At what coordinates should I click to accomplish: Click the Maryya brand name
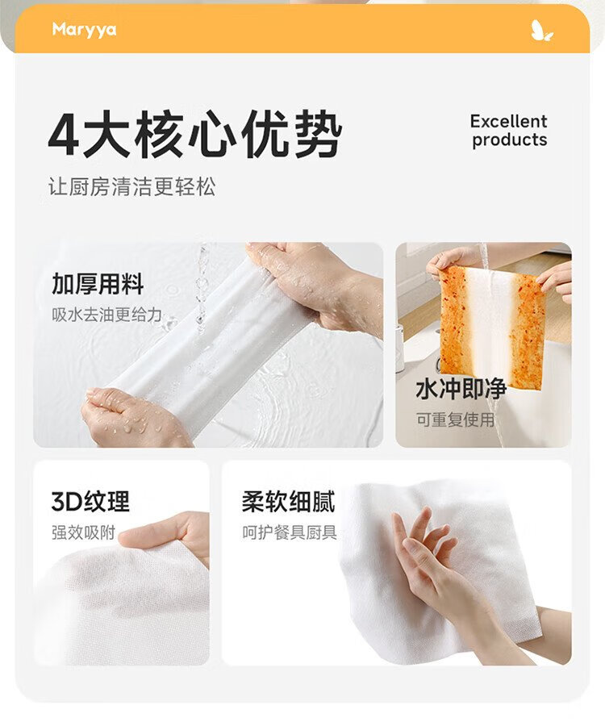click(84, 30)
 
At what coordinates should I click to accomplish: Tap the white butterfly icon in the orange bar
click(541, 31)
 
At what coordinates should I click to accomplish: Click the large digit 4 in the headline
click(64, 135)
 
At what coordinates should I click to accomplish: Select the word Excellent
click(508, 122)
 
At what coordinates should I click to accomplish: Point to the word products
click(510, 140)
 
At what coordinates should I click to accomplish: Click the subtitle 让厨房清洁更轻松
click(131, 187)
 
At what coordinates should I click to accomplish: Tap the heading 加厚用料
click(98, 284)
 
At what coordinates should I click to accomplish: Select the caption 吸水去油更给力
click(106, 315)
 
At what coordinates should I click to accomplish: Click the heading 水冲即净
click(461, 390)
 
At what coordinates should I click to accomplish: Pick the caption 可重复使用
click(455, 419)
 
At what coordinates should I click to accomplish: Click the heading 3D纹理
click(90, 502)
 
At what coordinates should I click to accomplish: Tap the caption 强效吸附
click(83, 532)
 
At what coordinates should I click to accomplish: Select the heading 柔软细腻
click(288, 502)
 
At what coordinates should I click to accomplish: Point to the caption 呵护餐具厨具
click(290, 532)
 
